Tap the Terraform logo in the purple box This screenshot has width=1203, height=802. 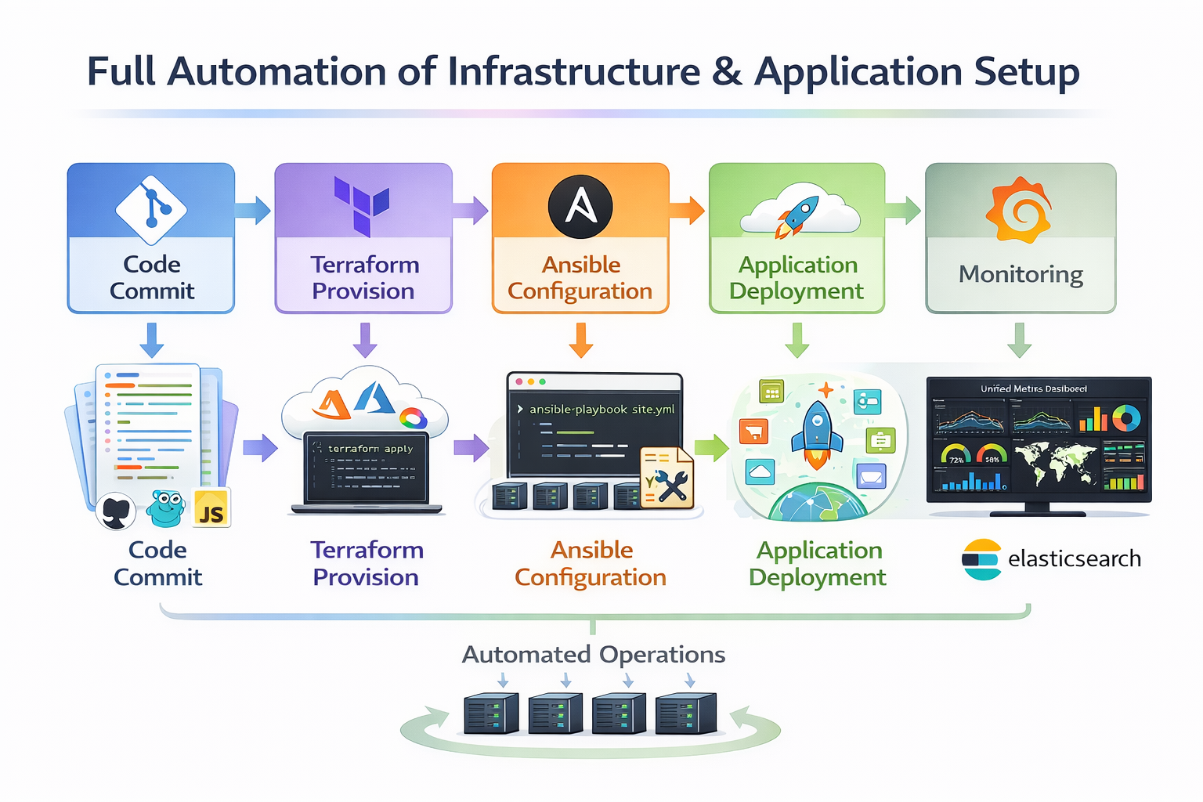pos(362,205)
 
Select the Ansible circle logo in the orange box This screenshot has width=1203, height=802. pos(580,207)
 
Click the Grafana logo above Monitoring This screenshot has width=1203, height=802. pos(1018,210)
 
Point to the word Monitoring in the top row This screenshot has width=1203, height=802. pos(1021,274)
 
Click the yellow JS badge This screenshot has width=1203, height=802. pos(211,509)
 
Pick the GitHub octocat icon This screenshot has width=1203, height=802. pos(117,512)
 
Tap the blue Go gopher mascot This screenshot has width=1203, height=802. pos(166,508)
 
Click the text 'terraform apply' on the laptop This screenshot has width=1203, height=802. pos(370,449)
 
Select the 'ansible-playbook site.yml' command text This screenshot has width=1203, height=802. pos(601,409)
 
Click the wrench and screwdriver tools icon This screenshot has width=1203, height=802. pos(667,479)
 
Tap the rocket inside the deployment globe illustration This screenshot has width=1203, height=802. pos(816,433)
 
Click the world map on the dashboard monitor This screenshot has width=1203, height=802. pos(1055,464)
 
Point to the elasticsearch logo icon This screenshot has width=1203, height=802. pos(981,559)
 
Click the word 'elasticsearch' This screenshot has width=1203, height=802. pos(1074,559)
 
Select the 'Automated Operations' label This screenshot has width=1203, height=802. pos(594,654)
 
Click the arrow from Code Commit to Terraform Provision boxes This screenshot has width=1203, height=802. pos(252,210)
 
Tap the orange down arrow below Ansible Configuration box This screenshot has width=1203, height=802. pos(580,340)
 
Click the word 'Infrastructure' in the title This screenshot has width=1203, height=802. pos(574,72)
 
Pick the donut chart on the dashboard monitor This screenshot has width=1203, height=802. pos(1126,417)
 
